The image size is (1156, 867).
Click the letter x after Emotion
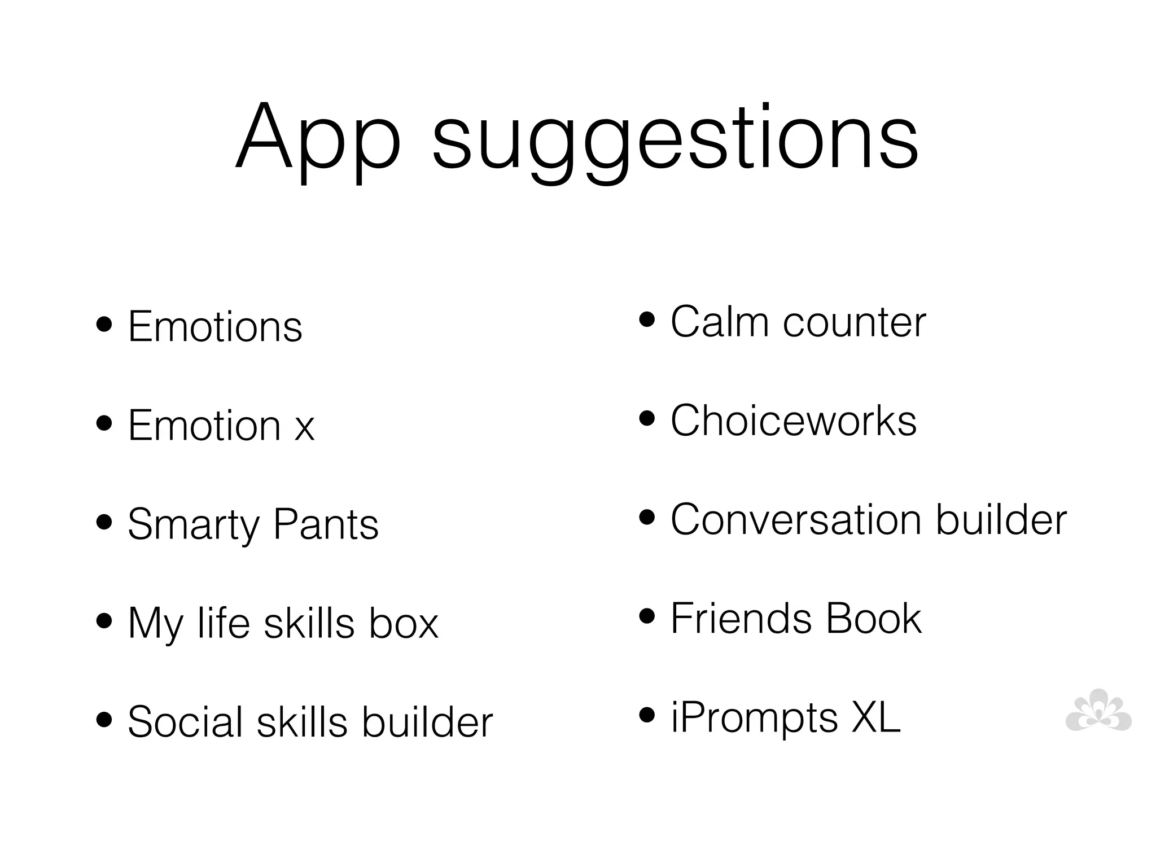point(304,428)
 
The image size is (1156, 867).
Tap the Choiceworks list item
point(793,421)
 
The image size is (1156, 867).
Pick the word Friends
point(741,618)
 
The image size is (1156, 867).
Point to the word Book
point(873,618)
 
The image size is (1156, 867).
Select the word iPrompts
point(754,718)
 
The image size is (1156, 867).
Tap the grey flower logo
point(1098,711)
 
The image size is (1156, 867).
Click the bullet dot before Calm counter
point(647,320)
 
